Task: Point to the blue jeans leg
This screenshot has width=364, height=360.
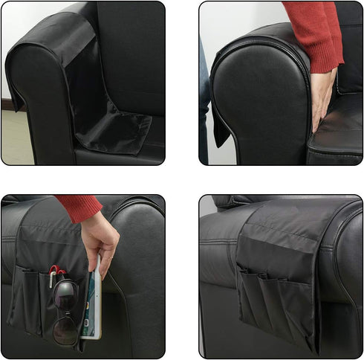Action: (x=203, y=104)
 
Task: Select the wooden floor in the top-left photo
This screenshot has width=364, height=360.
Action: (x=15, y=138)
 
